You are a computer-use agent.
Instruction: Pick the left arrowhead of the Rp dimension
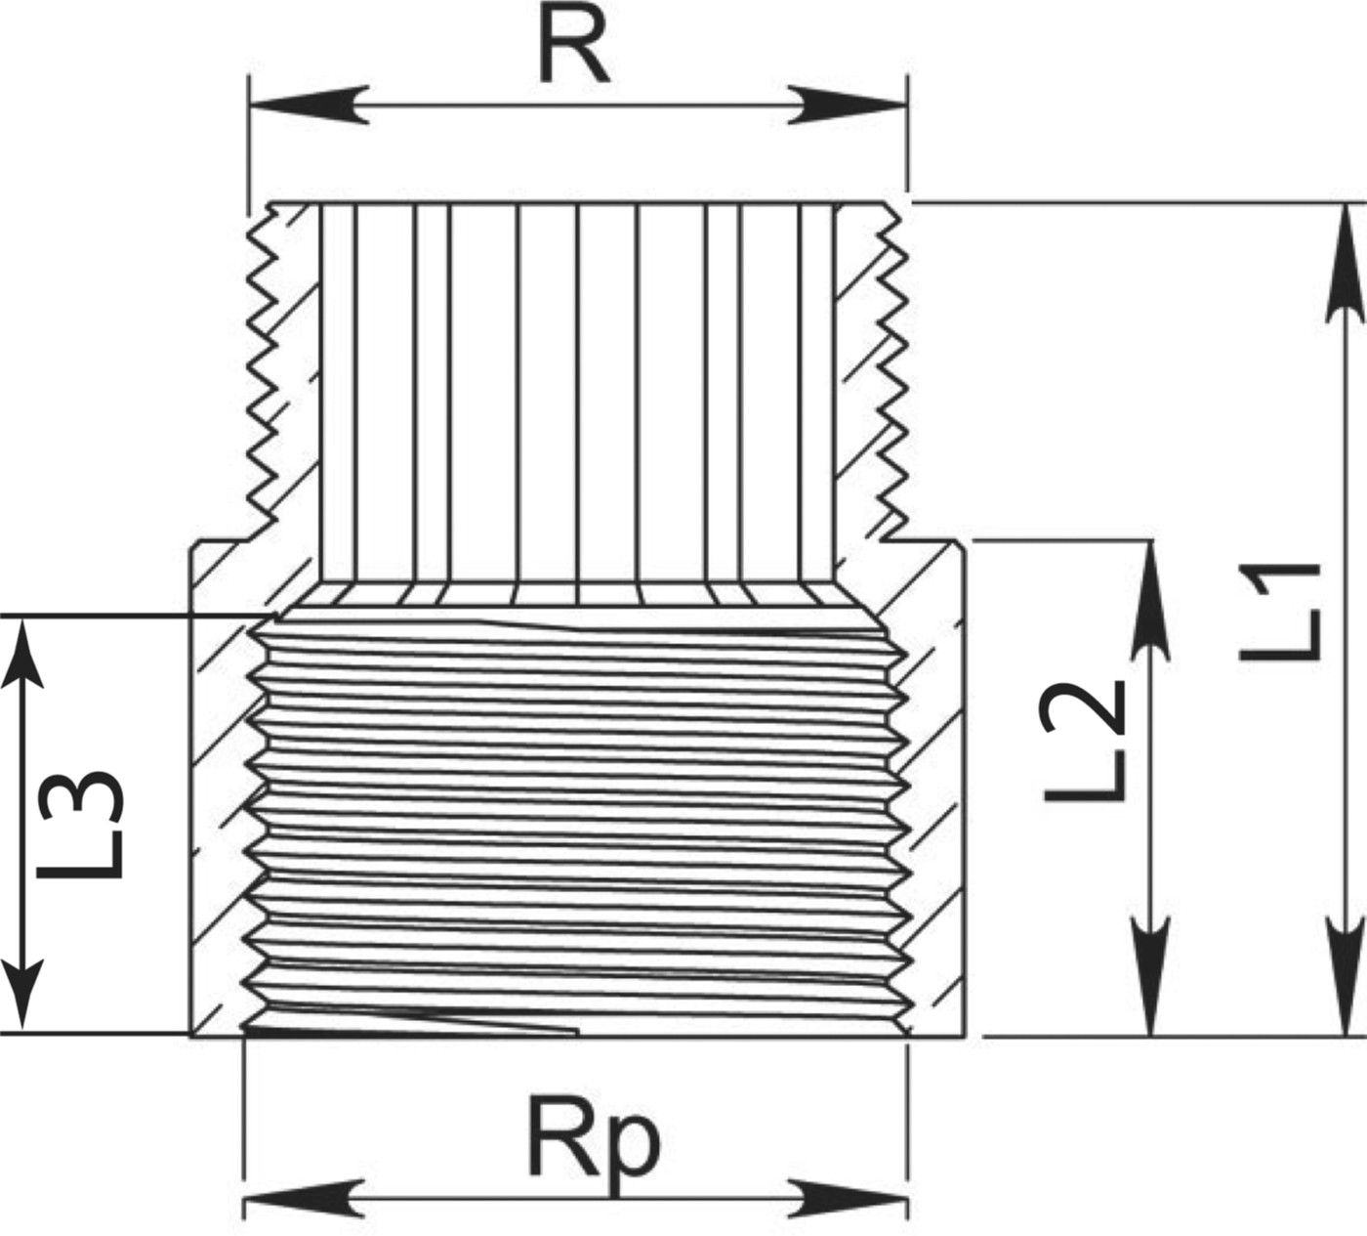tap(303, 1198)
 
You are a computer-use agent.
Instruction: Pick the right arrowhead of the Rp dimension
tap(849, 1198)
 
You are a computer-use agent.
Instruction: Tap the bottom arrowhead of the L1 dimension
tap(1346, 977)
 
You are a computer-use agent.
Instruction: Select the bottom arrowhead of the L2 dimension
tap(1152, 977)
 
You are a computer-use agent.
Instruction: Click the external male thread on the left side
tap(262, 371)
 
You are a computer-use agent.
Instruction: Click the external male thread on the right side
tap(894, 371)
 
